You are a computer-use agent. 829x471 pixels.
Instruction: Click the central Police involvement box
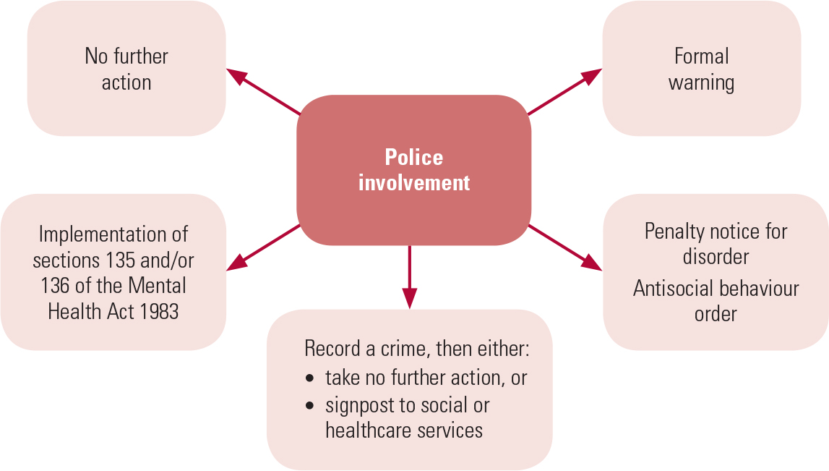413,170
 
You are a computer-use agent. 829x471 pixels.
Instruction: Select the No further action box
126,69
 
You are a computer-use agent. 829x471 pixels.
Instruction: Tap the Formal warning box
701,69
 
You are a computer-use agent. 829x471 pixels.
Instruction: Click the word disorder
716,257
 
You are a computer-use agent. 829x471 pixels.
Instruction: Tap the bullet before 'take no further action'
310,378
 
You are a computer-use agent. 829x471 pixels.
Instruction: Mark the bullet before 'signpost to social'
310,405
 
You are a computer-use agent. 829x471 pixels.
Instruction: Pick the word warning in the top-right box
701,82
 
